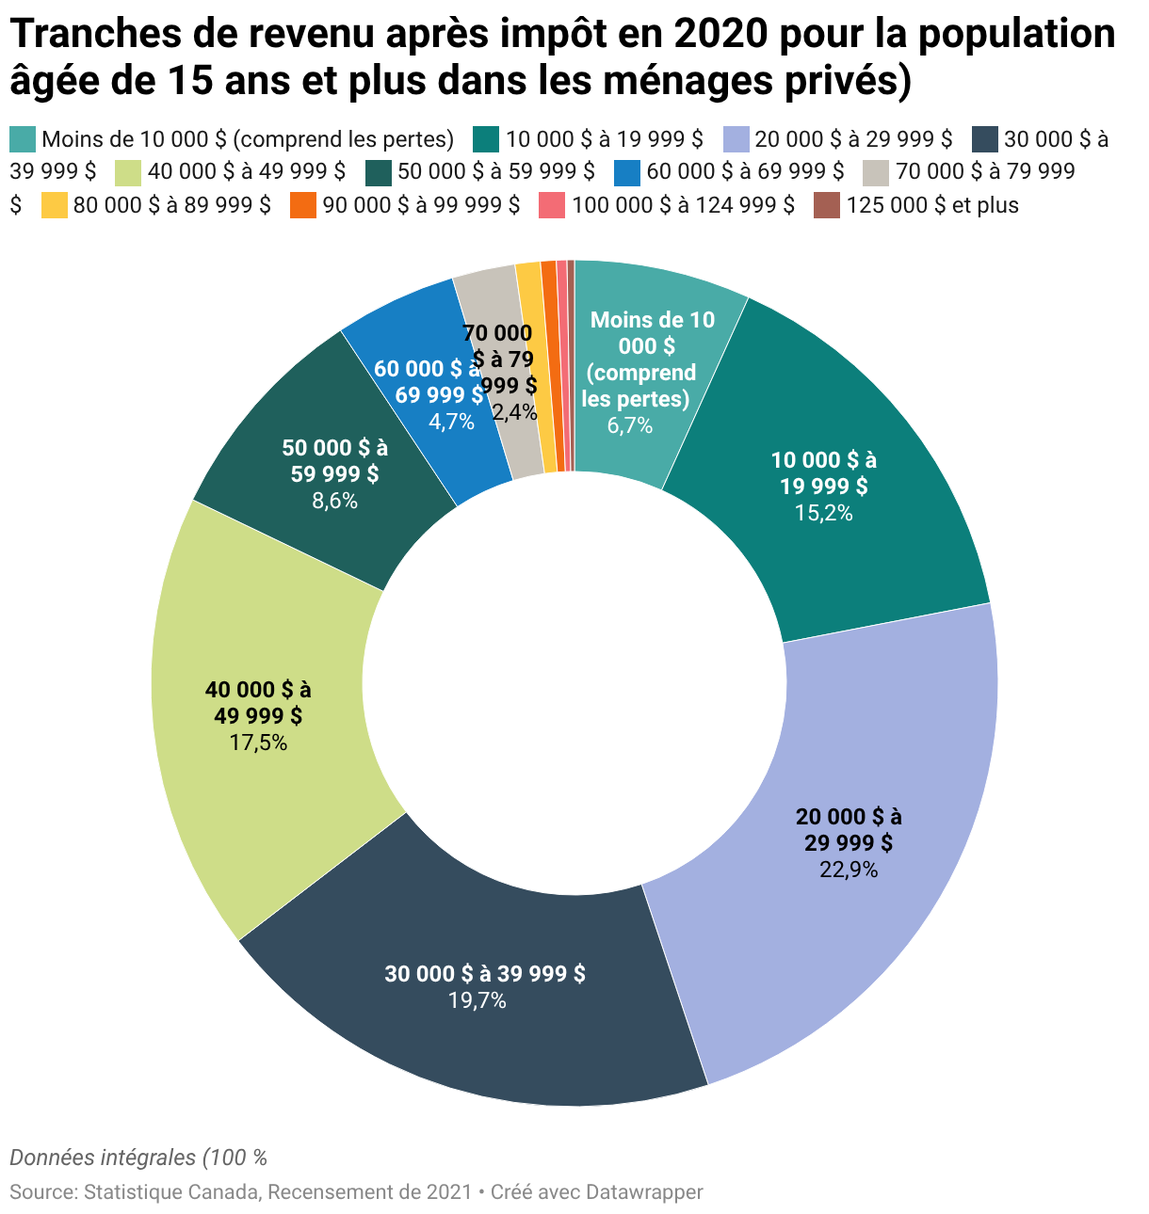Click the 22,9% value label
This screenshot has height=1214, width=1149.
(848, 869)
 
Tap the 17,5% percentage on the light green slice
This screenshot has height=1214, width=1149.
(258, 742)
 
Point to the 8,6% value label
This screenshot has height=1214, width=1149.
(334, 500)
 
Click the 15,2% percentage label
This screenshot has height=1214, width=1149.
(823, 513)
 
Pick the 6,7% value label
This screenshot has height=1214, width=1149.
(629, 424)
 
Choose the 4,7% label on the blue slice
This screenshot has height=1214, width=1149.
(451, 421)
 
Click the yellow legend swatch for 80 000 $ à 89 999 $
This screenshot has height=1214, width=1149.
(55, 205)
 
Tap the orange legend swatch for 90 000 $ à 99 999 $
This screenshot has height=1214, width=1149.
(303, 205)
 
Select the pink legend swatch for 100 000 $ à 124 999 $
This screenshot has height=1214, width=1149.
(552, 205)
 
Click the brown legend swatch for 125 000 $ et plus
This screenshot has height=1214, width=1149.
(826, 205)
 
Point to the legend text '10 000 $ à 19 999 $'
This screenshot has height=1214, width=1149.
(605, 139)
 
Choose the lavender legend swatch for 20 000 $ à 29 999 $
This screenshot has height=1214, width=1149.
(736, 139)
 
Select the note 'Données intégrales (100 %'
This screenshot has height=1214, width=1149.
(138, 1158)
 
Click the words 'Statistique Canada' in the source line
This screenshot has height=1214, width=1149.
(170, 1191)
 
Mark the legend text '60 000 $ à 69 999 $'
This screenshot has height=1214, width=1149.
(745, 171)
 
